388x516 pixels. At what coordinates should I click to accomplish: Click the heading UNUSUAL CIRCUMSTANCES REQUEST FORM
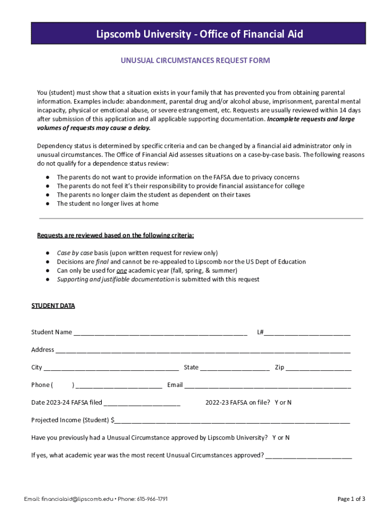(x=195, y=60)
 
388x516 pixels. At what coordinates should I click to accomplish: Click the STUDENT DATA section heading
(x=53, y=306)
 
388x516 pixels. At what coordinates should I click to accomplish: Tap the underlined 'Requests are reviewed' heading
(x=115, y=235)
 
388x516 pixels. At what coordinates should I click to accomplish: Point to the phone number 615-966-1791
(x=152, y=499)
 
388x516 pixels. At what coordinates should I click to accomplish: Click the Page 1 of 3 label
(x=351, y=499)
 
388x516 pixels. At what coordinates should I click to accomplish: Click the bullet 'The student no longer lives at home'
(x=107, y=204)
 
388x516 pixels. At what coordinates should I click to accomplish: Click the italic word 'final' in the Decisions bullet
(x=102, y=262)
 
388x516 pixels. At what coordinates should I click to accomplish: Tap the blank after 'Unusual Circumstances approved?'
(x=308, y=456)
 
